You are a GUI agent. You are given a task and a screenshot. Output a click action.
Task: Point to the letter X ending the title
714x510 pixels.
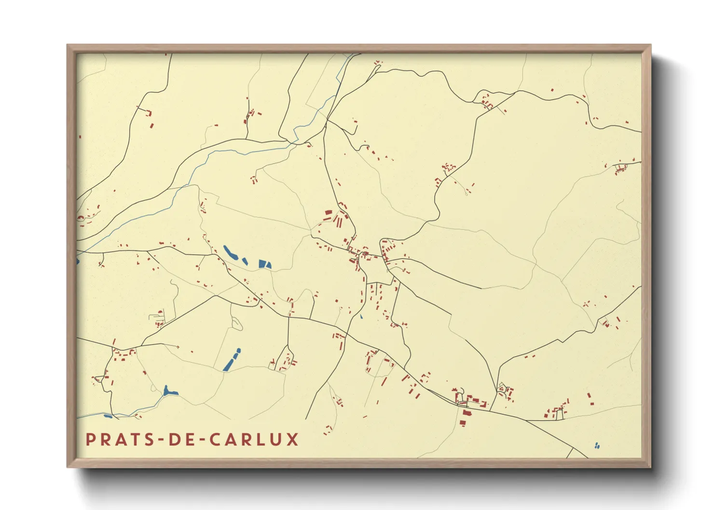tap(292, 440)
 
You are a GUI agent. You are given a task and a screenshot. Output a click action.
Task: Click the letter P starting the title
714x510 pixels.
tap(90, 440)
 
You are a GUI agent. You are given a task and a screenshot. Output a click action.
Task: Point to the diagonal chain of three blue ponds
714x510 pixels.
tap(232, 360)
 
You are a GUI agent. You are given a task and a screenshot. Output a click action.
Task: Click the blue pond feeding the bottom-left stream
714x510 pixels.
tap(169, 391)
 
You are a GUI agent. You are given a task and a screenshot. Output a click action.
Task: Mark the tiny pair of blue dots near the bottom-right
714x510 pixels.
tap(597, 446)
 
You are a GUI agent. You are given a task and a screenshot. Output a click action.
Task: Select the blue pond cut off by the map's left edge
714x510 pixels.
tap(77, 261)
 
